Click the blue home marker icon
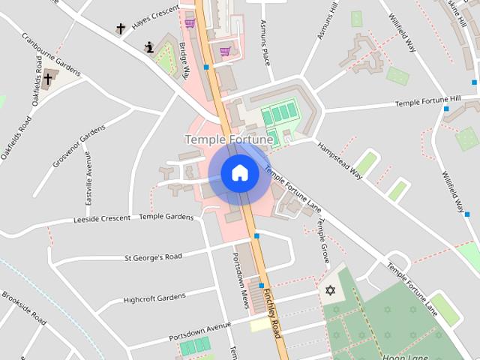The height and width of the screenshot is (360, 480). (240, 172)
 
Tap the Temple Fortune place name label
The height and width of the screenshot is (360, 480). (229, 139)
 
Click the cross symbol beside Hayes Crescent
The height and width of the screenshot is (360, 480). (121, 29)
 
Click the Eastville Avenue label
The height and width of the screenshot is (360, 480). (88, 178)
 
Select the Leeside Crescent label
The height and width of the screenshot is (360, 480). (101, 219)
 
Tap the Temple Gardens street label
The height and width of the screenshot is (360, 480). (166, 216)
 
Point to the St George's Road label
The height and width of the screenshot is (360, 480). (153, 257)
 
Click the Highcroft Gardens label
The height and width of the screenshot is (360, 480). (154, 298)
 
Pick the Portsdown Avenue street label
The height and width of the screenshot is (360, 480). (199, 330)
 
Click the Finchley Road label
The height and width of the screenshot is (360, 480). (271, 313)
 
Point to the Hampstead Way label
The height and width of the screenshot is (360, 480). (340, 160)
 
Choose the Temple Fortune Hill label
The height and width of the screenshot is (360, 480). (427, 100)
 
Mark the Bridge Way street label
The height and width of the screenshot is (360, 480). (184, 59)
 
